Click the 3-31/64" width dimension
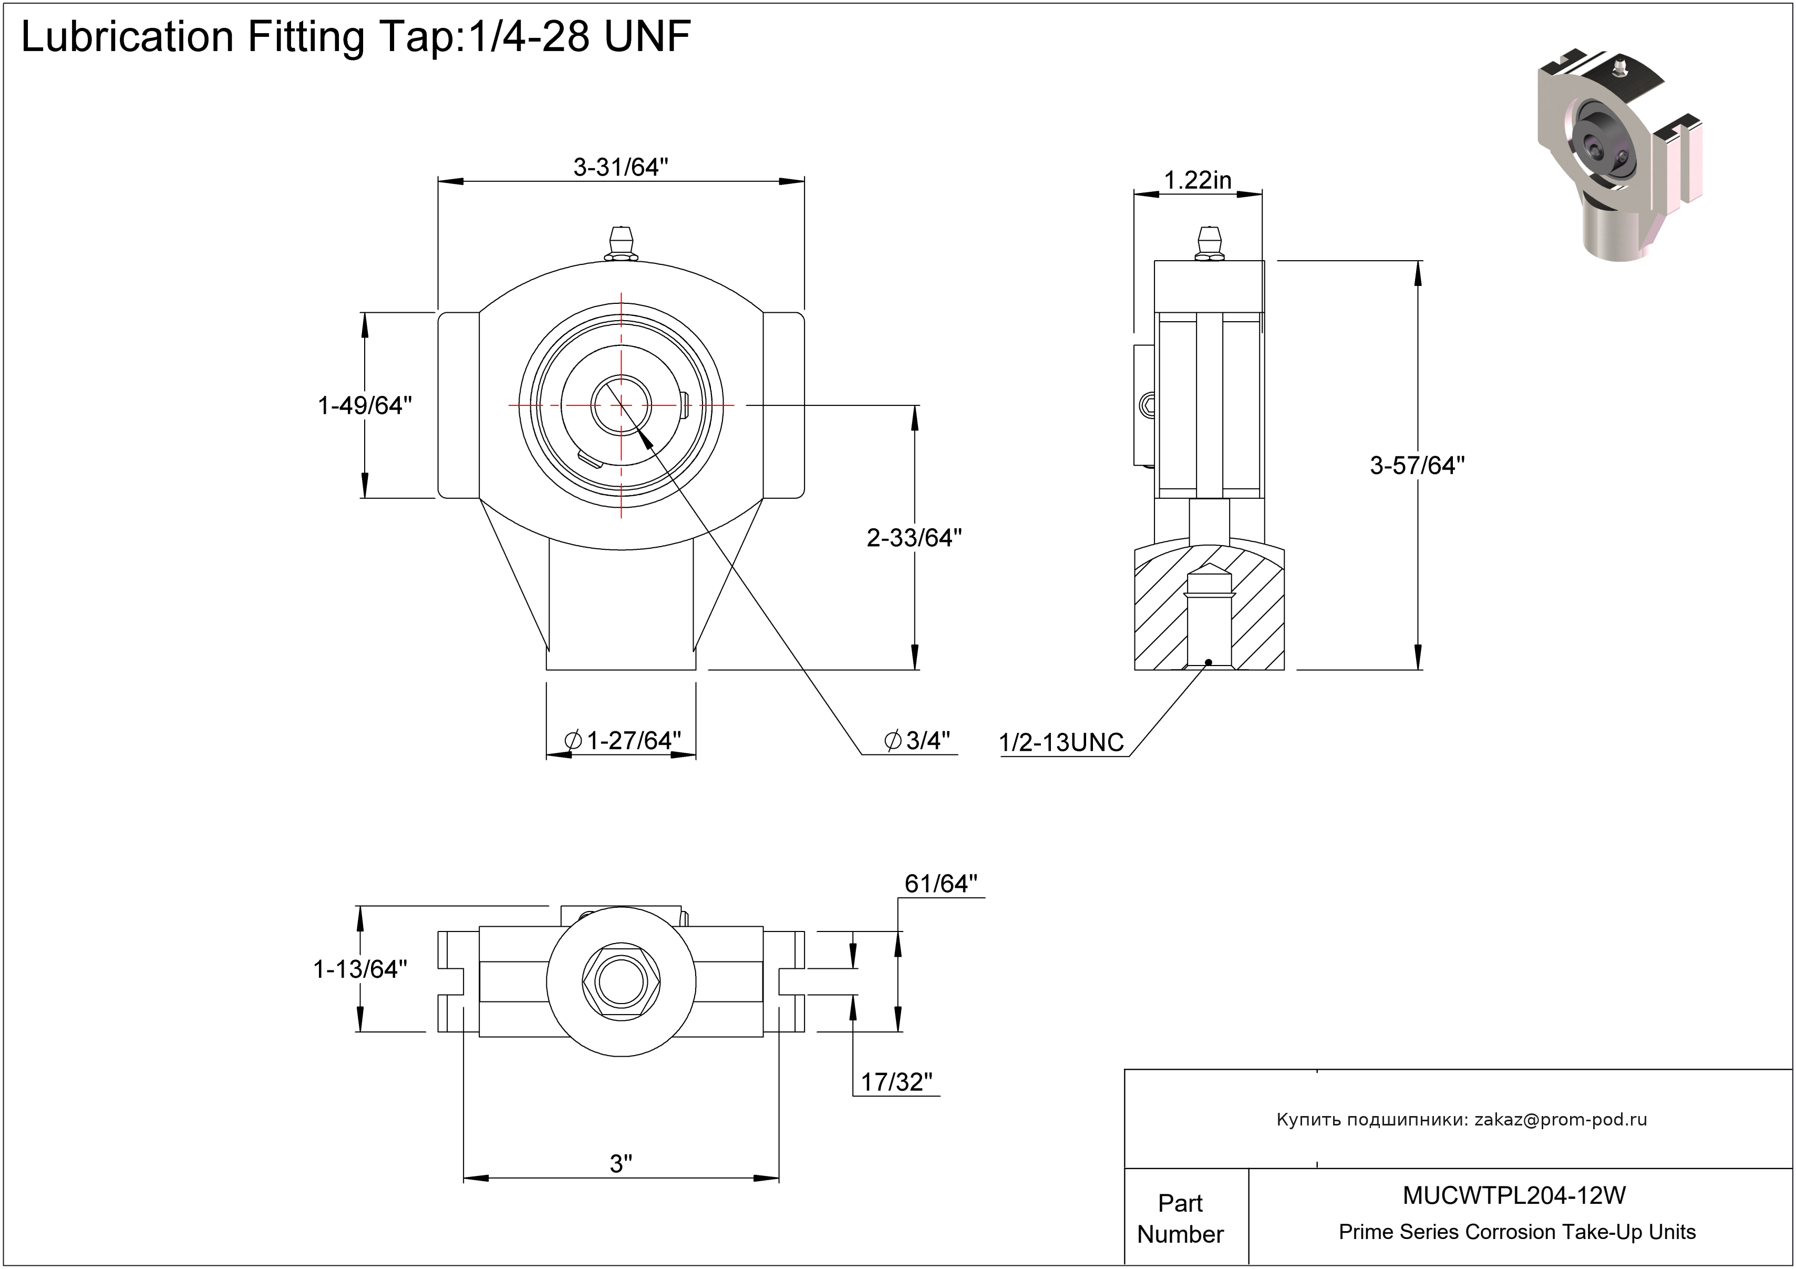[x=621, y=167]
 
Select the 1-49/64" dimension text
[x=365, y=405]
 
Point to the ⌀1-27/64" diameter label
[x=623, y=740]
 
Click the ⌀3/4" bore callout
[x=917, y=740]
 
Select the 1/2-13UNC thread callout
[x=1061, y=742]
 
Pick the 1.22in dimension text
[x=1197, y=181]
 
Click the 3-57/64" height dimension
[x=1417, y=466]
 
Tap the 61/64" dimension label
[x=941, y=884]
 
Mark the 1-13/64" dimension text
[x=360, y=969]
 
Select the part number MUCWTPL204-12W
[x=1514, y=1195]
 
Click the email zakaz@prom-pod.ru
[x=1561, y=1120]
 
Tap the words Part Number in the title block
[x=1180, y=1218]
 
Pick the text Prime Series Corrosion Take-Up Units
[x=1517, y=1232]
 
